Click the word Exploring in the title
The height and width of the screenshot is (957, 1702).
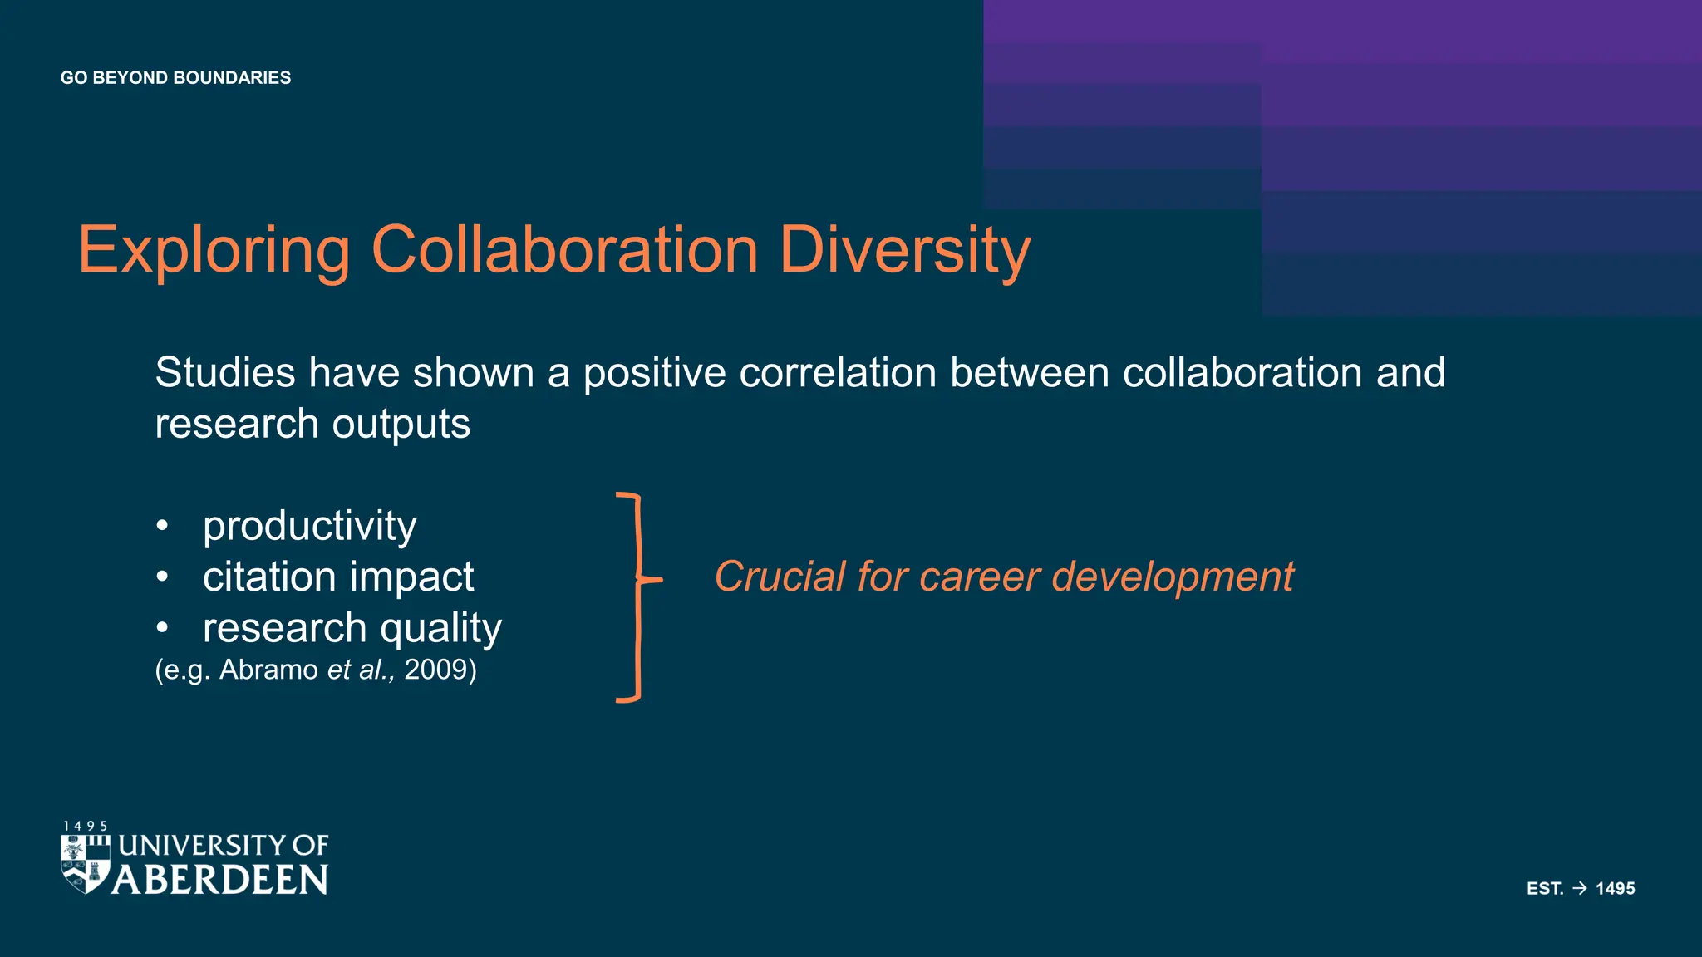tap(214, 250)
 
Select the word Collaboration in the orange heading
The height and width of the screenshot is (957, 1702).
tap(564, 250)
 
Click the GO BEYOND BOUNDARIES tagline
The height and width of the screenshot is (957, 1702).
tap(175, 78)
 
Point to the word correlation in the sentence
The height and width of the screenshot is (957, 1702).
tap(838, 372)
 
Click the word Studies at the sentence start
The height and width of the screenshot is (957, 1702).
tap(224, 372)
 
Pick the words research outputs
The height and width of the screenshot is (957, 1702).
tap(312, 425)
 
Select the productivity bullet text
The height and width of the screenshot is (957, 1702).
tap(309, 526)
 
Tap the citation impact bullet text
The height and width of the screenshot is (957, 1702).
tap(337, 577)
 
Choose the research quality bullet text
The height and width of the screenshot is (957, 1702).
tap(352, 628)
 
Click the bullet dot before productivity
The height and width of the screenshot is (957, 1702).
tap(162, 526)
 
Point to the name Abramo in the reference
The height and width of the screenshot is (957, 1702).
tap(268, 670)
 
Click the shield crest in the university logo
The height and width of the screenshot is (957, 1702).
tap(86, 864)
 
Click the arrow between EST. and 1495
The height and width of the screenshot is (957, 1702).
tap(1580, 888)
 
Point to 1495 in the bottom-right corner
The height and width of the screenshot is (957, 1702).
tap(1615, 888)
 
